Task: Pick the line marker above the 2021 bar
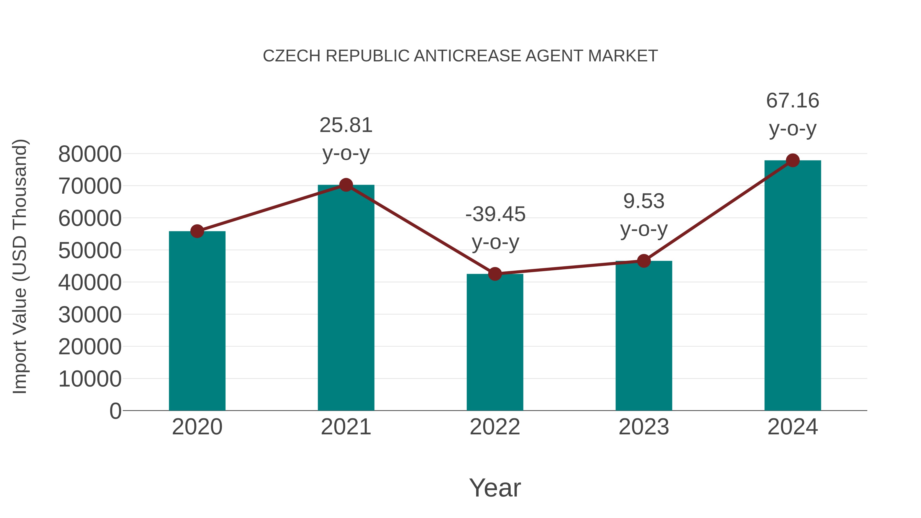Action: click(346, 185)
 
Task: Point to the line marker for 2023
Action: click(644, 261)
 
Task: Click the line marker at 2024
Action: click(793, 160)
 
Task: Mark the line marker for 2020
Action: click(197, 231)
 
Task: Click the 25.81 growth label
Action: click(346, 126)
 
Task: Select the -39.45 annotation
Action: click(495, 215)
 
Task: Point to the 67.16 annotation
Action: click(792, 101)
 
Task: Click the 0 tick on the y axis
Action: click(115, 411)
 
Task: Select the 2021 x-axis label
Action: click(346, 427)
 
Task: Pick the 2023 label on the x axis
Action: click(644, 427)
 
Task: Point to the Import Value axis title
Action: click(20, 266)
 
